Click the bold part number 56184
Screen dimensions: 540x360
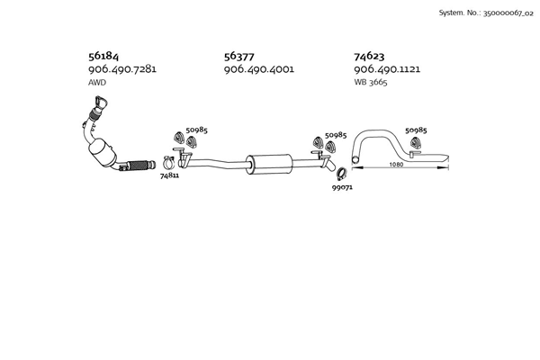tap(103, 56)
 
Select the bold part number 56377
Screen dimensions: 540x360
tap(239, 56)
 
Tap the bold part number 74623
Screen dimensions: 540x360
tap(369, 56)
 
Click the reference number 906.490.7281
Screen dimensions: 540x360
tap(122, 69)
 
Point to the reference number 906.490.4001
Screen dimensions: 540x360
tap(259, 69)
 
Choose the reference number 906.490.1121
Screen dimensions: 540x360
tap(387, 69)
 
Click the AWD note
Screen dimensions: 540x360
tap(97, 83)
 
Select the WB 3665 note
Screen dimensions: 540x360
tap(371, 82)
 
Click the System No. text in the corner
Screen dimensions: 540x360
tap(486, 13)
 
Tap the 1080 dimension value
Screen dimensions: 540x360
tap(396, 165)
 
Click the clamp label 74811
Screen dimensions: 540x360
tap(169, 175)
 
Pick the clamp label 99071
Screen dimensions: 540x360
tap(342, 187)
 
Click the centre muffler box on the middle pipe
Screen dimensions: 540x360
tap(269, 164)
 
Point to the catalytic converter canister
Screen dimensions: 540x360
tap(102, 153)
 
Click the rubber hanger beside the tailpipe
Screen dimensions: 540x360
tap(416, 142)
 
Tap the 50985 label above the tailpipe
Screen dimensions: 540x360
tap(416, 130)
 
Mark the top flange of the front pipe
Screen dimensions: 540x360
tap(101, 102)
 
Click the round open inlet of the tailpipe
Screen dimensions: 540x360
tap(355, 159)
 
